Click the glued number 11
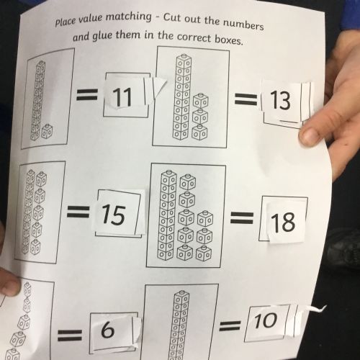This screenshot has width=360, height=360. [122, 97]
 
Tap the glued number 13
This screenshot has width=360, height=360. [280, 101]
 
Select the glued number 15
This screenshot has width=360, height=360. [114, 215]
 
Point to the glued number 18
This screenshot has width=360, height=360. [283, 222]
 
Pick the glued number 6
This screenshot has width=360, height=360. [107, 330]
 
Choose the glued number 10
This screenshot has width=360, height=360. [266, 320]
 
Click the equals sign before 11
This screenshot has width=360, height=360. [87, 94]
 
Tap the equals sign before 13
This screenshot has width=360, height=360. [246, 99]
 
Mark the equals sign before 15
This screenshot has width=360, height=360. [78, 212]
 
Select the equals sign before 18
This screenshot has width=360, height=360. [242, 217]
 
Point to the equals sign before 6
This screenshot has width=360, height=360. [70, 336]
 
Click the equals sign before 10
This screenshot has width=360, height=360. [230, 326]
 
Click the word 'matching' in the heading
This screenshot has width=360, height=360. [129, 17]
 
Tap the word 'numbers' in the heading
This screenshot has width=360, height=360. [243, 24]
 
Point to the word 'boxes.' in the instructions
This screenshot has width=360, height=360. [229, 40]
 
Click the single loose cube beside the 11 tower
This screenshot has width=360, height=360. [48, 131]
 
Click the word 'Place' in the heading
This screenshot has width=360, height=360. [66, 22]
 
